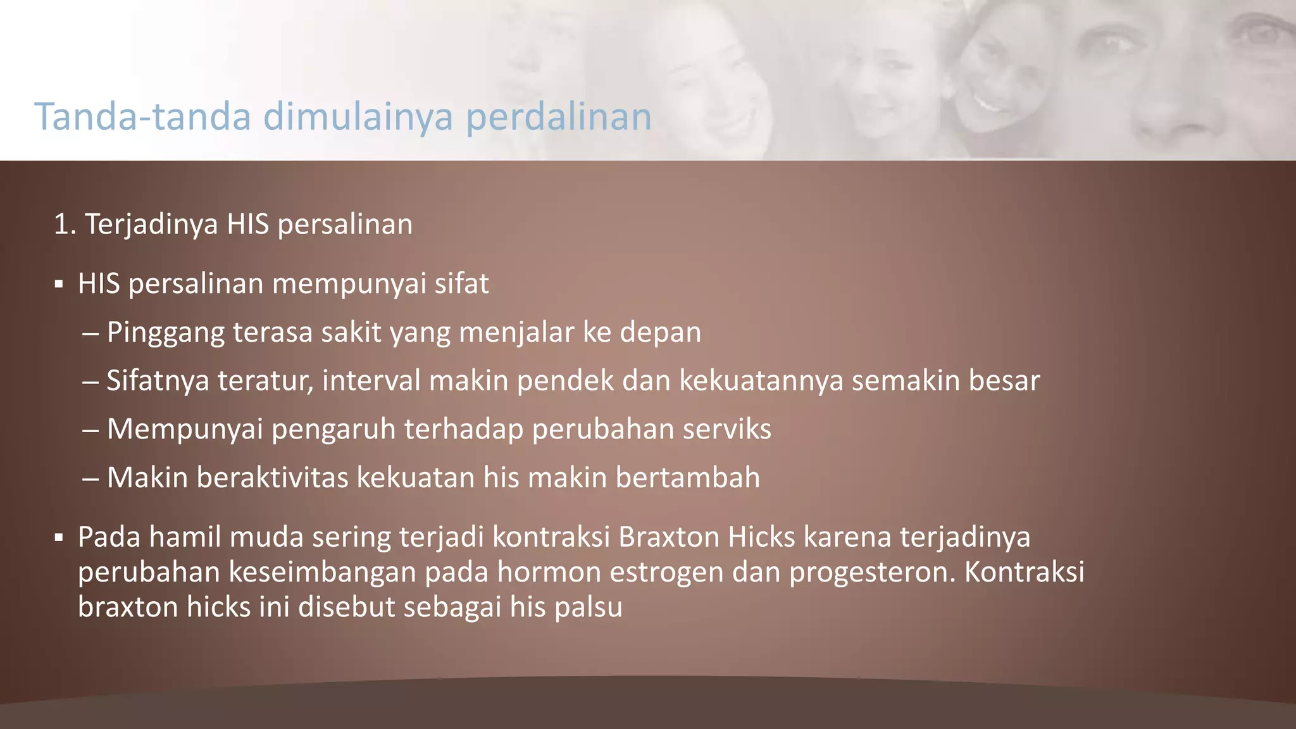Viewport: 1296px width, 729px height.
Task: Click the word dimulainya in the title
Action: tap(358, 117)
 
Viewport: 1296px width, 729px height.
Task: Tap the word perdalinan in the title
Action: tap(559, 117)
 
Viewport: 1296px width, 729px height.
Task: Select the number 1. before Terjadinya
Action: tap(65, 225)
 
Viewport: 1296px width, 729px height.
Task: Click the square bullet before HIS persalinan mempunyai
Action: tap(59, 285)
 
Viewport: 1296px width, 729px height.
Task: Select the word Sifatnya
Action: tap(158, 381)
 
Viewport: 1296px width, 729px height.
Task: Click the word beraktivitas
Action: tap(272, 478)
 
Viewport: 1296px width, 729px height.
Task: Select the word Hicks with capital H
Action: tap(761, 537)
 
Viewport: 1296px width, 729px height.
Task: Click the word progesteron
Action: tap(871, 573)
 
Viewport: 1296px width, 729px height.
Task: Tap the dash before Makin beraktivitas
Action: tap(90, 478)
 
